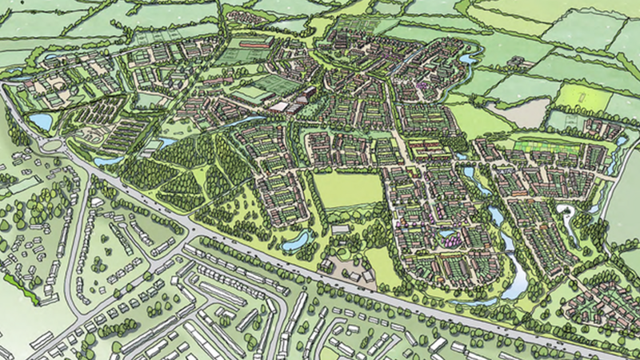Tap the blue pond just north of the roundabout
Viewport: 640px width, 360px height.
(39, 122)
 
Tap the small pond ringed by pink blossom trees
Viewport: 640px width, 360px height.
(449, 237)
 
